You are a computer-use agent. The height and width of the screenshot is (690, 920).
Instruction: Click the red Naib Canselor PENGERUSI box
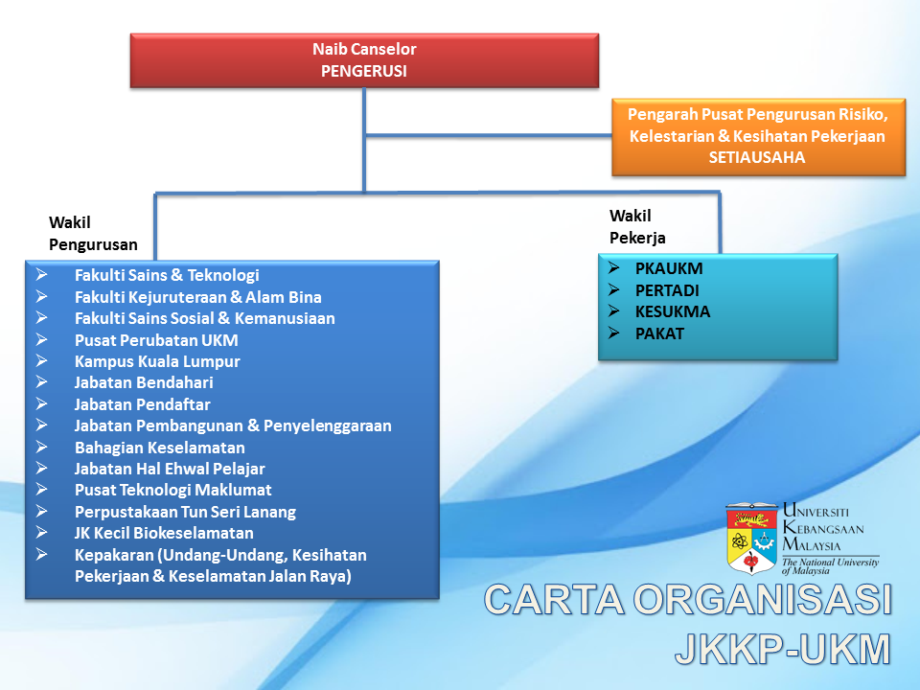coord(364,60)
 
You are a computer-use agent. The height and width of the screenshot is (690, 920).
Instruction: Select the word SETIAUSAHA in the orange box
coord(757,157)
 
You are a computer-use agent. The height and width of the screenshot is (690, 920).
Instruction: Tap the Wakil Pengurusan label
coord(93,234)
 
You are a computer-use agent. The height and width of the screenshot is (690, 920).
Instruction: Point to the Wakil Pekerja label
coord(637,226)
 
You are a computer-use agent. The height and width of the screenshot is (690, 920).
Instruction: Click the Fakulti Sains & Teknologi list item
coord(167,275)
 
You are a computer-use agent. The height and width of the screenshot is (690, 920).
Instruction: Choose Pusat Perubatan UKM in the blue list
coord(156,340)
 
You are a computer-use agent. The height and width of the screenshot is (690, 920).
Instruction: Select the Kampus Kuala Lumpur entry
coord(157,361)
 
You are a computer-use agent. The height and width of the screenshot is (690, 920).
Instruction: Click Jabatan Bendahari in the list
coord(144,382)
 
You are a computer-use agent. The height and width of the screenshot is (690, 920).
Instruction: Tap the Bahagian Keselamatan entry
coord(160,448)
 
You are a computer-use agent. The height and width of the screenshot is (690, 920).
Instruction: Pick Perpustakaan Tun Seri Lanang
coord(185,512)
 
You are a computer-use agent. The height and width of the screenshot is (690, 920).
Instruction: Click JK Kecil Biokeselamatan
coord(164,533)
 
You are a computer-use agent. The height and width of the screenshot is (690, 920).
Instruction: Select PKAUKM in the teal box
coord(669,268)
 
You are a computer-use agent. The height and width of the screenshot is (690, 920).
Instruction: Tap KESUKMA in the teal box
coord(673,311)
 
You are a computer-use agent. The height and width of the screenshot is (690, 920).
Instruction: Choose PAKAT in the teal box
coord(659,333)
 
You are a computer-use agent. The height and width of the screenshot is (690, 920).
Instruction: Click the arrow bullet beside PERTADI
coord(614,289)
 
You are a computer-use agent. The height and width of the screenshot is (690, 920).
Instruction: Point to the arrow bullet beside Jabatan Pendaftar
coord(41,403)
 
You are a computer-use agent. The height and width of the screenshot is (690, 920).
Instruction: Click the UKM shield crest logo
coord(751,538)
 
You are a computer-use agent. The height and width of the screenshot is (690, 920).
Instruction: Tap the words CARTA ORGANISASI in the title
coord(688,600)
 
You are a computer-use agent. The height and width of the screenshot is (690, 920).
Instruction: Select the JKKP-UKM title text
coord(783,649)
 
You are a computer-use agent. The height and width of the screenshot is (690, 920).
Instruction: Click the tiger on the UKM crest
coord(751,519)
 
